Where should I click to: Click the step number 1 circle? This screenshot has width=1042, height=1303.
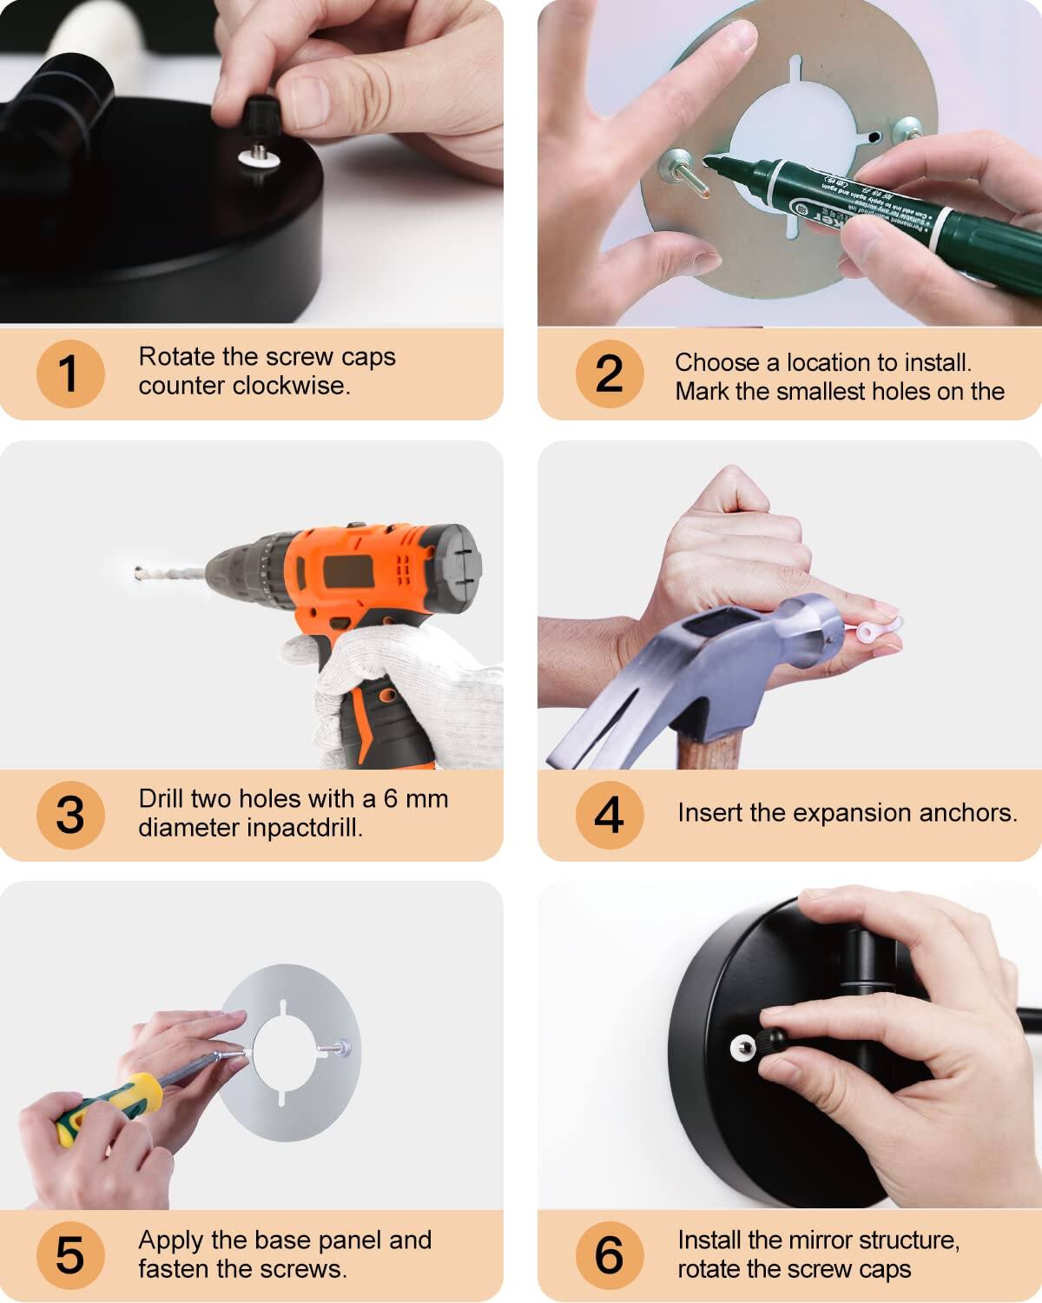(69, 374)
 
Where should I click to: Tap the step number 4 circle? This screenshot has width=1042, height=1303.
(609, 815)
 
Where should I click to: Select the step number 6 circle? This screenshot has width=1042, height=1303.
(609, 1255)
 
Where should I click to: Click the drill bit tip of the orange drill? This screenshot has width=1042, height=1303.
(140, 572)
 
